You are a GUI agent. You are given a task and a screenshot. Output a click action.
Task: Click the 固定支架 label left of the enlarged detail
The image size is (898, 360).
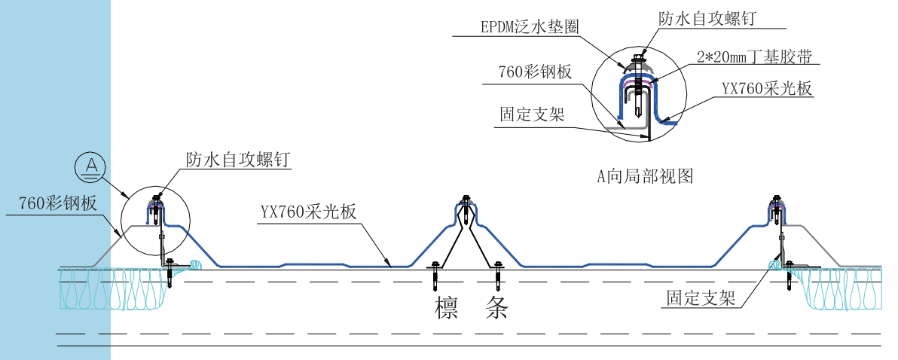click(532, 114)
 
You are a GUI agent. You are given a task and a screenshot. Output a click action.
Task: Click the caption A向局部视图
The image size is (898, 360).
click(644, 177)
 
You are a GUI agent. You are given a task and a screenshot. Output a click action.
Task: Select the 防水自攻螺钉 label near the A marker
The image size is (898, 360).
click(237, 160)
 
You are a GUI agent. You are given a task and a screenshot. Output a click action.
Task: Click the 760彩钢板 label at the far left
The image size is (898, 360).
click(55, 203)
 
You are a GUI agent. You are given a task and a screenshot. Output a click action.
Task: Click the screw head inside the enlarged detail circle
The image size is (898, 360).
click(639, 57)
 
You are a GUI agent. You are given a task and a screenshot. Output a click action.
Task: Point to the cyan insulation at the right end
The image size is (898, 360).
click(844, 289)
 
